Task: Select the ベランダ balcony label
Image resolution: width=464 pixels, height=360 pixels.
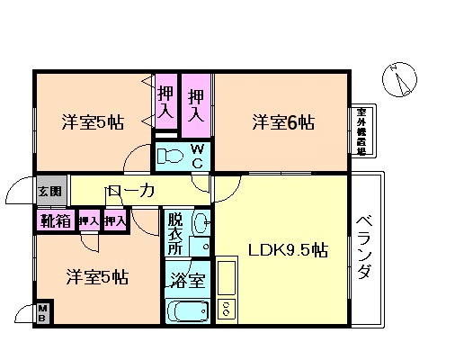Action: [364, 247]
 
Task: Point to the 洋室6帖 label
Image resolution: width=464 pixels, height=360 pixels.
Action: [282, 121]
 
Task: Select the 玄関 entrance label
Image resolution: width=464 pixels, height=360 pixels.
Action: [49, 191]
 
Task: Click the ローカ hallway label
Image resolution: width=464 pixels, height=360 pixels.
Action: [131, 191]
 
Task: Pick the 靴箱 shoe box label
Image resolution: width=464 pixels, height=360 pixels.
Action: [51, 220]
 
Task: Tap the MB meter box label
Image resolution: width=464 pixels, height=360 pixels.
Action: [42, 314]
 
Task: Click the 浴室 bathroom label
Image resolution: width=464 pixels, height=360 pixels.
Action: [187, 280]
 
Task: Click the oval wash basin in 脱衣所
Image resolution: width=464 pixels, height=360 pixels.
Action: [201, 221]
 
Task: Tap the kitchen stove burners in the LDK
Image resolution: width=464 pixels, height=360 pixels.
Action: [227, 309]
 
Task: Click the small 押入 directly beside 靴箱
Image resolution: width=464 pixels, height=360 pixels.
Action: [87, 220]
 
